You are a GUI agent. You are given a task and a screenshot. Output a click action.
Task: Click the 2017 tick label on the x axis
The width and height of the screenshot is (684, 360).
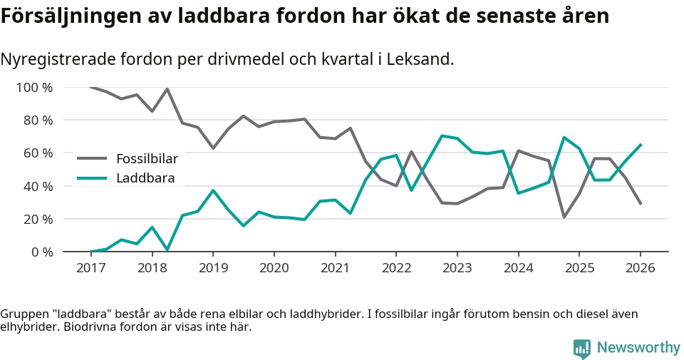click(x=90, y=268)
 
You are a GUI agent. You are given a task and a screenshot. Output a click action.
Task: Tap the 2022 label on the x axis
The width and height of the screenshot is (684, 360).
click(x=395, y=268)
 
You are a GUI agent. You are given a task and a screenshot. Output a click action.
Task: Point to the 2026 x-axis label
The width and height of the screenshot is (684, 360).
click(x=640, y=268)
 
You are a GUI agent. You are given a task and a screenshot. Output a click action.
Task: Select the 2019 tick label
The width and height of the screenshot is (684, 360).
click(x=212, y=268)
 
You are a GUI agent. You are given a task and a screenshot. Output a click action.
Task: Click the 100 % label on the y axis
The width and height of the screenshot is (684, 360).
click(x=35, y=88)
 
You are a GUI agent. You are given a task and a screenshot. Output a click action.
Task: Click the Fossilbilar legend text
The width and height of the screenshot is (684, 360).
click(x=147, y=158)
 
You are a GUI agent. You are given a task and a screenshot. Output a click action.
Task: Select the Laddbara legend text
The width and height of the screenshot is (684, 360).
click(x=145, y=178)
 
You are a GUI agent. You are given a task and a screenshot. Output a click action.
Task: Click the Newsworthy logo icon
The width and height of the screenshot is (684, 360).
click(x=582, y=348)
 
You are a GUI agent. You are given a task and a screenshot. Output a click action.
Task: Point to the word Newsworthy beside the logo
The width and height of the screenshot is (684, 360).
click(x=638, y=348)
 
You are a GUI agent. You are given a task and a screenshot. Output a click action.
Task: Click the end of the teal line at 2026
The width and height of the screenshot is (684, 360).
click(x=641, y=145)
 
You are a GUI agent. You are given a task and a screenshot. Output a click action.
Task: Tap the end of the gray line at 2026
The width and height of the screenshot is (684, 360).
click(x=641, y=204)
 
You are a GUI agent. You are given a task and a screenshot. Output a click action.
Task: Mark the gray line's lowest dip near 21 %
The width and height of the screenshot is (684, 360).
click(x=564, y=217)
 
